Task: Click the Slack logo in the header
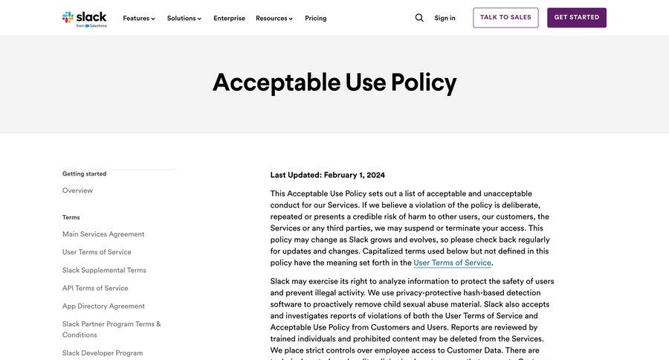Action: (85, 18)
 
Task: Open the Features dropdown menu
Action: (139, 18)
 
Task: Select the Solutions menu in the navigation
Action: (184, 18)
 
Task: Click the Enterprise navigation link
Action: (229, 18)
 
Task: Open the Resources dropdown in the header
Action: (274, 18)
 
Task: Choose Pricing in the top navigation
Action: (315, 18)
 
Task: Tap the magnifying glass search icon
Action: (419, 18)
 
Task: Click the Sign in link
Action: (445, 18)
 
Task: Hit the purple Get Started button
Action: (576, 18)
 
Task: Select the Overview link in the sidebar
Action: (77, 190)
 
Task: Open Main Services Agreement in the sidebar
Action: (103, 234)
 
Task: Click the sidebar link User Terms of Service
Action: (97, 252)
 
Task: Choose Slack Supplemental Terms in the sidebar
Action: (104, 270)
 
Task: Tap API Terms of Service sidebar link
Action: (95, 288)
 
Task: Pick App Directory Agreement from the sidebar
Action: (103, 306)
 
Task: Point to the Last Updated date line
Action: (327, 175)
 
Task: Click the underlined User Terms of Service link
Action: (452, 263)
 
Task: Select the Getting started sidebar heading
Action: (84, 174)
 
